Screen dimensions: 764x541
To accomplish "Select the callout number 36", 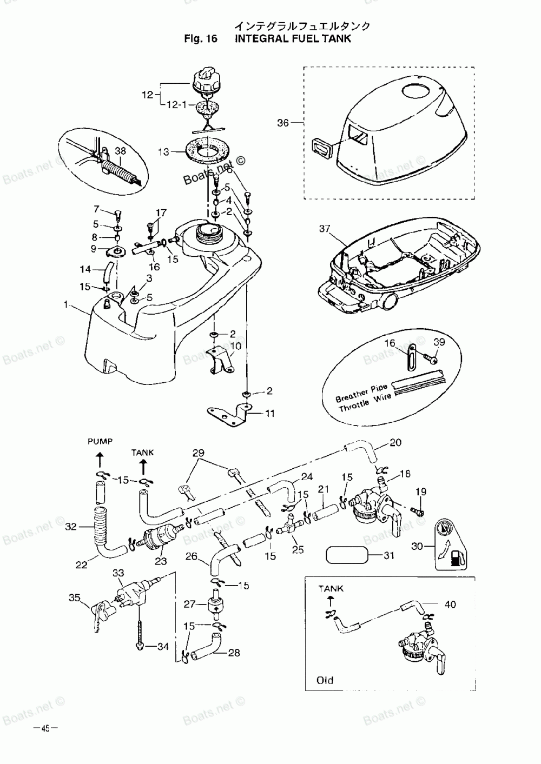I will pos(283,123).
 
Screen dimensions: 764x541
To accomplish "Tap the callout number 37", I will pos(324,229).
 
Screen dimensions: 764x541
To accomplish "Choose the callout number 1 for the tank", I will pos(65,305).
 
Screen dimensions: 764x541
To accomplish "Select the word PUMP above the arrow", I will pos(100,441).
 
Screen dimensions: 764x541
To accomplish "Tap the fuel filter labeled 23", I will pos(158,538).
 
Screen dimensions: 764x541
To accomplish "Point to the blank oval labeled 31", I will pos(346,555).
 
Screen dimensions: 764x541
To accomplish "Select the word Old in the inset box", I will pos(325,680).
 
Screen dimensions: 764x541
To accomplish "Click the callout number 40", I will pos(450,604).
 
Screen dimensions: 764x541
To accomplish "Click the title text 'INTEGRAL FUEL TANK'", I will pos(293,38).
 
